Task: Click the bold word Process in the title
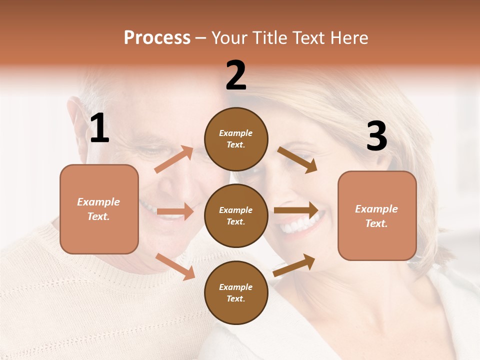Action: pos(157,37)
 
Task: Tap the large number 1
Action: pos(99,128)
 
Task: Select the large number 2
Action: pos(236,75)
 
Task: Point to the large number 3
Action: pos(376,136)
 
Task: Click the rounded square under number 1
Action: pos(99,209)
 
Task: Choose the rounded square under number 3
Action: pos(377,215)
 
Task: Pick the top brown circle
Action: pos(236,138)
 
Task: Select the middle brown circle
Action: pos(236,215)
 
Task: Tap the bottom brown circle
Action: pos(236,292)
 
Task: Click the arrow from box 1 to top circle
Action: pos(174,159)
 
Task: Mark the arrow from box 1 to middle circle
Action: pos(175,211)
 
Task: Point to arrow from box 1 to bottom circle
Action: pos(175,266)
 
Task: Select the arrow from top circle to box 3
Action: pos(297,159)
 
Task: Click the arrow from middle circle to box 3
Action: pos(296,210)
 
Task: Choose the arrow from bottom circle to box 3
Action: pos(294,265)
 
